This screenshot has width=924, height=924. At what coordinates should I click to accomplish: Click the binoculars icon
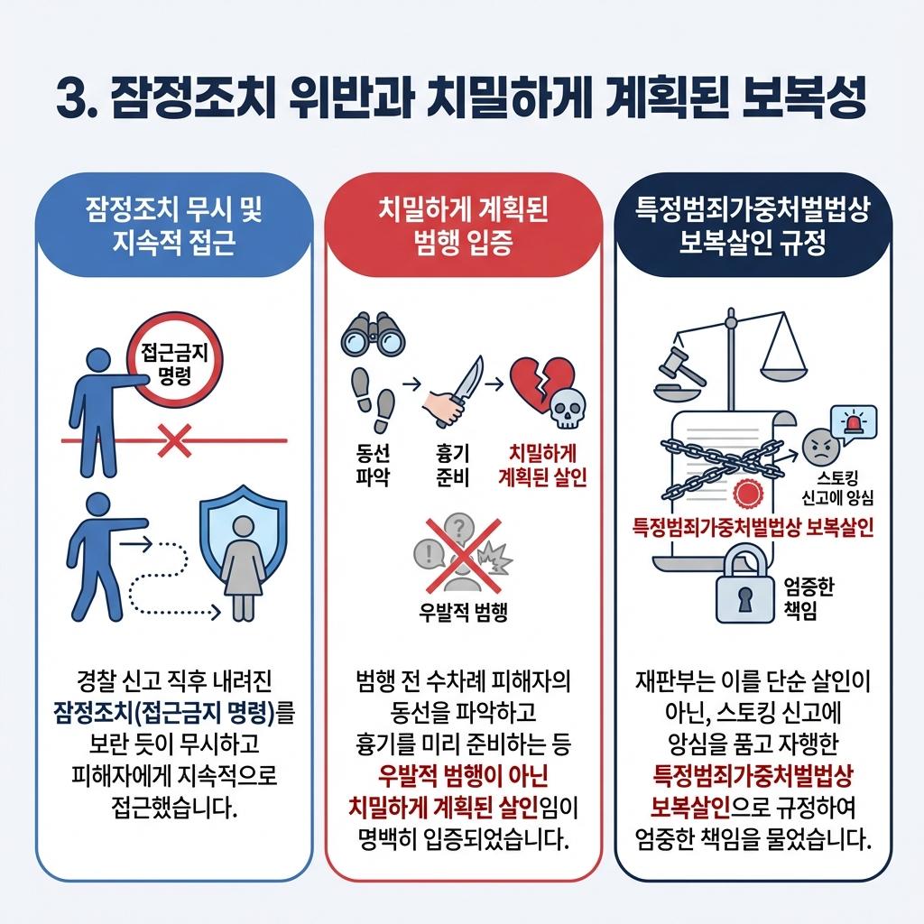[x=372, y=336]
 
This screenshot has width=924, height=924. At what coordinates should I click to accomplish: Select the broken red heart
[x=539, y=384]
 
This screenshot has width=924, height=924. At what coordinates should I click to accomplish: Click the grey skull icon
[x=566, y=409]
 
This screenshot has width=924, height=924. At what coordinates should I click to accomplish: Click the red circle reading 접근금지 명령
[x=177, y=365]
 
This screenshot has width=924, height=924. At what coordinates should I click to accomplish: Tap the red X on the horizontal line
[x=173, y=441]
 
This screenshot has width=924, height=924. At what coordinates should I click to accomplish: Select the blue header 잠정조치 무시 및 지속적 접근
[x=173, y=226]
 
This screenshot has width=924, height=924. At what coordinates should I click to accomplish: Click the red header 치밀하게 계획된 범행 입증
[x=463, y=226]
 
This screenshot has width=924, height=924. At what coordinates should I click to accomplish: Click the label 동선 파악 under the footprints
[x=369, y=464]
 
